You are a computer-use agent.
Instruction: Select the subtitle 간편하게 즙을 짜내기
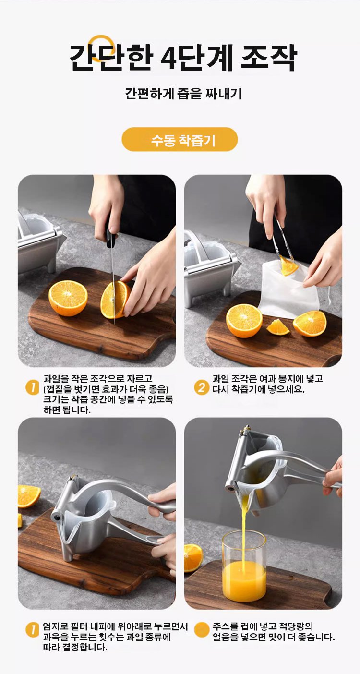coord(183,94)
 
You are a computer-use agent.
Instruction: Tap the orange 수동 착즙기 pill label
coord(180,139)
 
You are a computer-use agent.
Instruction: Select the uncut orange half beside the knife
coord(68,298)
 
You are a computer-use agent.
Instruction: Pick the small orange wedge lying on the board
coord(278,327)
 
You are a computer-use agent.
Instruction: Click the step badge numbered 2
coord(201,387)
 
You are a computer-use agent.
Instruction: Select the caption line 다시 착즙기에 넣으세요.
coord(258,389)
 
